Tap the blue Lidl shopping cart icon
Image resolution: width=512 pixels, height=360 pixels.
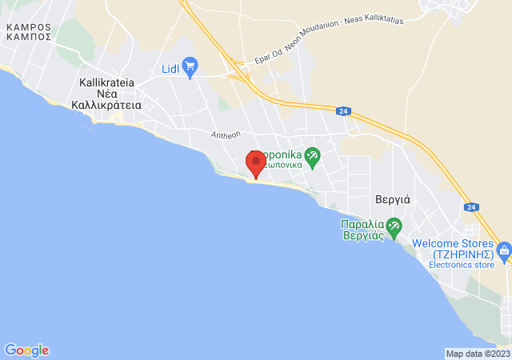[190, 66]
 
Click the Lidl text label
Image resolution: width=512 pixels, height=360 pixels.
[170, 70]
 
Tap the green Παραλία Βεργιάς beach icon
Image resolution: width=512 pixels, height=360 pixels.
[393, 226]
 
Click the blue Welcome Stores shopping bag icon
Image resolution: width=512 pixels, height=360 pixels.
[504, 252]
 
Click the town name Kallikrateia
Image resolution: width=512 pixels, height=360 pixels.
[106, 82]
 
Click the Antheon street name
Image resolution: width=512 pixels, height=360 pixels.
[226, 134]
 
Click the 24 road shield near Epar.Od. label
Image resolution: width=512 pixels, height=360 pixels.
[342, 111]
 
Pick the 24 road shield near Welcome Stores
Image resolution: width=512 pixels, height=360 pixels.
[471, 207]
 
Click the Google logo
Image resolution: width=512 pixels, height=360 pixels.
[26, 350]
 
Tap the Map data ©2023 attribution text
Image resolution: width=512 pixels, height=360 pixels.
[477, 354]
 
